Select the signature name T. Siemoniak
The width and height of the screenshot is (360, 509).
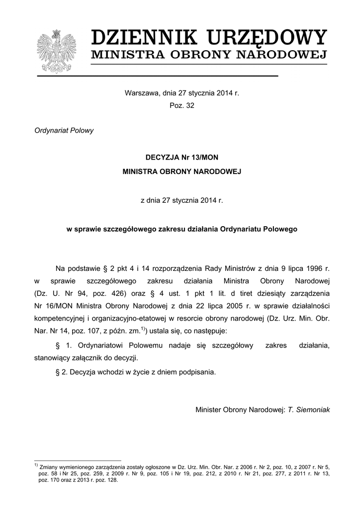pos(309,410)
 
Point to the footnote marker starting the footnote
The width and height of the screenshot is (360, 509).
pos(36,465)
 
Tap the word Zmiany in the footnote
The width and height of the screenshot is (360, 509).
pos(49,467)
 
